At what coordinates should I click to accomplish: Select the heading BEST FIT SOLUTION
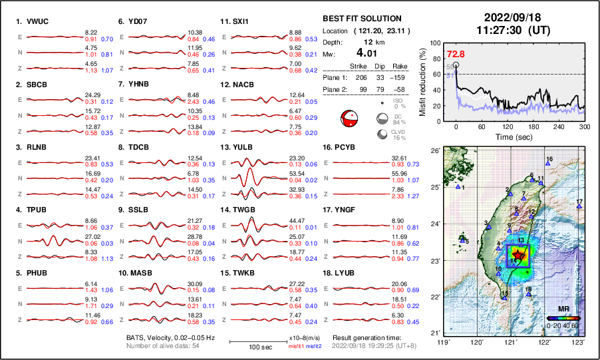(362, 19)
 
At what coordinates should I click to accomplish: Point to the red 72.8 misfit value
(456, 54)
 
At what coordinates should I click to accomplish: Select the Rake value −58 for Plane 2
(399, 89)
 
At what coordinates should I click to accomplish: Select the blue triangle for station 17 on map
(579, 207)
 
